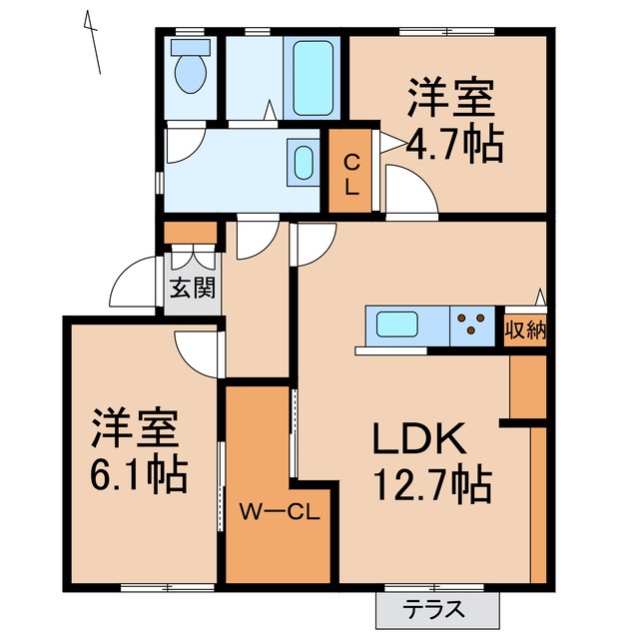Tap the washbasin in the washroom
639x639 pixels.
tap(303, 161)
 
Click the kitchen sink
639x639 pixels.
tap(397, 325)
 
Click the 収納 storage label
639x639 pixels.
tap(523, 326)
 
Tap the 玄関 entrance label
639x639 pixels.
tap(190, 290)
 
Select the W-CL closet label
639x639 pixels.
tap(278, 513)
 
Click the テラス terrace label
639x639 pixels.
tap(435, 607)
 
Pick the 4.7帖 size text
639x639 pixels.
tap(453, 147)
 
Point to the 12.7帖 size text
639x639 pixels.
tap(432, 486)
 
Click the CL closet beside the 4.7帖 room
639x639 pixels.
tap(351, 173)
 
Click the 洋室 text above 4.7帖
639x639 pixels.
tap(450, 102)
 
